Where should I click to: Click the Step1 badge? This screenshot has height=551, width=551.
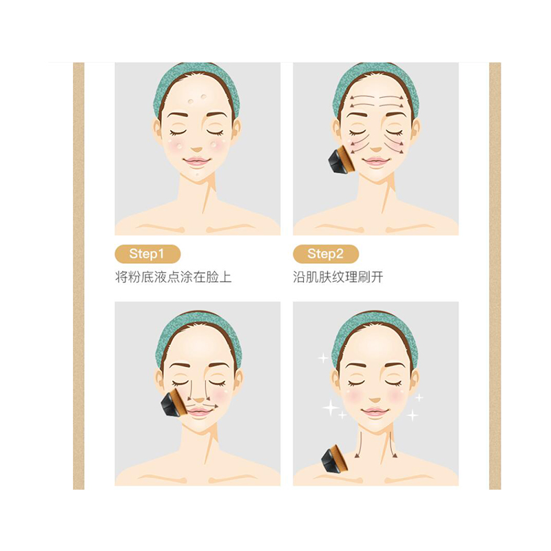tap(147, 254)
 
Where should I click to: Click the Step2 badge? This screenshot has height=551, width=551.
tap(325, 254)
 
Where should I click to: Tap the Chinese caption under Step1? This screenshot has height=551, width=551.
tap(173, 278)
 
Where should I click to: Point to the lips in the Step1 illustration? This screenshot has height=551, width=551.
tap(197, 163)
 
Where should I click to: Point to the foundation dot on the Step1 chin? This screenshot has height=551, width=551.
tap(198, 175)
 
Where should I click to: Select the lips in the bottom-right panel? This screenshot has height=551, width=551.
tap(375, 412)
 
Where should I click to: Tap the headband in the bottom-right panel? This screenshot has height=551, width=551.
tap(375, 324)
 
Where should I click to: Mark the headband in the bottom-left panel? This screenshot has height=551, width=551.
tap(198, 324)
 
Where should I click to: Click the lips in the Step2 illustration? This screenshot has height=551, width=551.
tap(375, 162)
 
